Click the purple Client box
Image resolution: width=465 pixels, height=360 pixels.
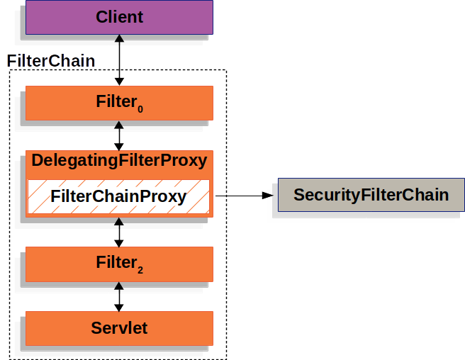point(119,17)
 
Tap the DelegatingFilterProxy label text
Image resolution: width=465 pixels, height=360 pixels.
point(119,161)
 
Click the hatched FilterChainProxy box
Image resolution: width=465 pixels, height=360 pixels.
point(119,196)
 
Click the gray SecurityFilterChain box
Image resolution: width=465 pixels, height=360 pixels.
point(371,195)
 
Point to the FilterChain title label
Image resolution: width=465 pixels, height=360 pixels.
point(51,61)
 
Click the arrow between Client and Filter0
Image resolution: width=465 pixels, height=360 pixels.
point(119,61)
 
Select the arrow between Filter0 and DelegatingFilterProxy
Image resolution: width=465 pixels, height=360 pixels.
point(119,135)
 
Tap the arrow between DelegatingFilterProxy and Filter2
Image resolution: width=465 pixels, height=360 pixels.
point(119,232)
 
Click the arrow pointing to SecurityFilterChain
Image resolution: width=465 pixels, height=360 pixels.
point(241,195)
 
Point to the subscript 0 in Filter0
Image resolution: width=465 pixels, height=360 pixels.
point(140,109)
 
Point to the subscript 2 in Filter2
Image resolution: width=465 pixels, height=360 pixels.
point(140,270)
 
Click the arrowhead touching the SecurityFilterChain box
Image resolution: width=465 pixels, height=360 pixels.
point(269,195)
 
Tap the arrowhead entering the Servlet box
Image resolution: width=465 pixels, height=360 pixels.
point(119,306)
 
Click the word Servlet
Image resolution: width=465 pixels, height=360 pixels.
point(119,328)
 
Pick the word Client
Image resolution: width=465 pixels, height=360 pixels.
point(119,16)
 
